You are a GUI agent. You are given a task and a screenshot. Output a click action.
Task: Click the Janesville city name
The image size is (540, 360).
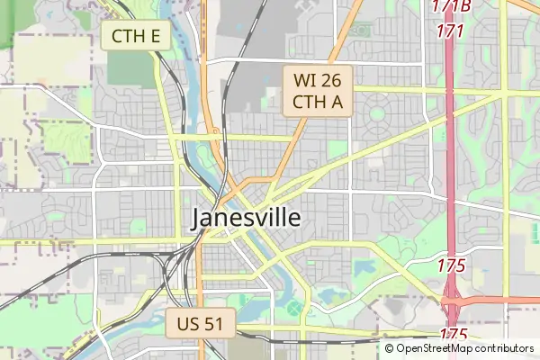click(x=246, y=219)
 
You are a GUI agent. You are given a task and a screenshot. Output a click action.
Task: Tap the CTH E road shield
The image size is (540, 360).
click(x=136, y=36)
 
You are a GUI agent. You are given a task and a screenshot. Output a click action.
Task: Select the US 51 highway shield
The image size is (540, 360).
click(x=200, y=323)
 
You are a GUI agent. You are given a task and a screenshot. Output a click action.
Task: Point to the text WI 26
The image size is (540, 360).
click(x=319, y=79)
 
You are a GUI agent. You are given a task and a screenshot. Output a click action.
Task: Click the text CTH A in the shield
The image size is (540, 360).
click(x=319, y=101)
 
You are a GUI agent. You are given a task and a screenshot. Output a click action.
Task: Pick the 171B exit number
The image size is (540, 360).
click(x=450, y=7)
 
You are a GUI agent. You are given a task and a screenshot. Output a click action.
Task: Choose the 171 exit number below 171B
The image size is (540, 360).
click(x=450, y=31)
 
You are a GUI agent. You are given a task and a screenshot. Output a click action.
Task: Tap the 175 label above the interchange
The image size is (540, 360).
click(x=451, y=265)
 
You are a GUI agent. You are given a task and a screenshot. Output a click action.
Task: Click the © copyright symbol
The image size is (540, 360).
click(x=389, y=348)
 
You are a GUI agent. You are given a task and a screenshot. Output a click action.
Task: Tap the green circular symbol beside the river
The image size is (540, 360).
click(x=294, y=310)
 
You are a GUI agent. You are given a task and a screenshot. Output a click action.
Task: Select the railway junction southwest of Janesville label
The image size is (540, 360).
click(x=171, y=258)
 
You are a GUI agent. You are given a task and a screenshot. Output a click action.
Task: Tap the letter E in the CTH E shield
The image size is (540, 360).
click(x=156, y=36)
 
